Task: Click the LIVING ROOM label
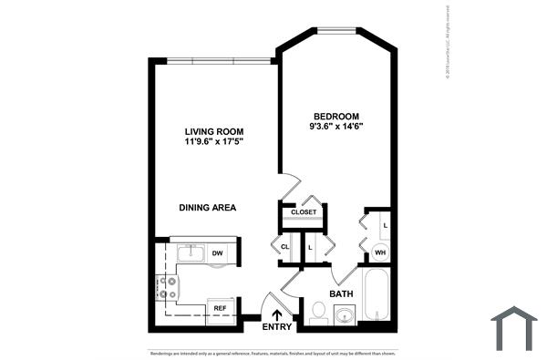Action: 215,131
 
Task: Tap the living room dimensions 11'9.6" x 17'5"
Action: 215,142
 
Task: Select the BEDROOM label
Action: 336,116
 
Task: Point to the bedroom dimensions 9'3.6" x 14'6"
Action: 336,128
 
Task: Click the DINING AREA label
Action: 208,208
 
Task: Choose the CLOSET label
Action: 304,212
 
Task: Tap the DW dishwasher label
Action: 217,253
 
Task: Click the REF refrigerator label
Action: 220,308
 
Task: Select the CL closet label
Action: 284,247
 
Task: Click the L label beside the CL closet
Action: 310,247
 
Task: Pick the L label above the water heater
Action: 385,225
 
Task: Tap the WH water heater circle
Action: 380,252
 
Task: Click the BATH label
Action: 341,294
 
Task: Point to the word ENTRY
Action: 276,326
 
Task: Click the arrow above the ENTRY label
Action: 276,314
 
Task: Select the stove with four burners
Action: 168,288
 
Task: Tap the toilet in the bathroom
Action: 319,314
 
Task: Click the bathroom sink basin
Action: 344,316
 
